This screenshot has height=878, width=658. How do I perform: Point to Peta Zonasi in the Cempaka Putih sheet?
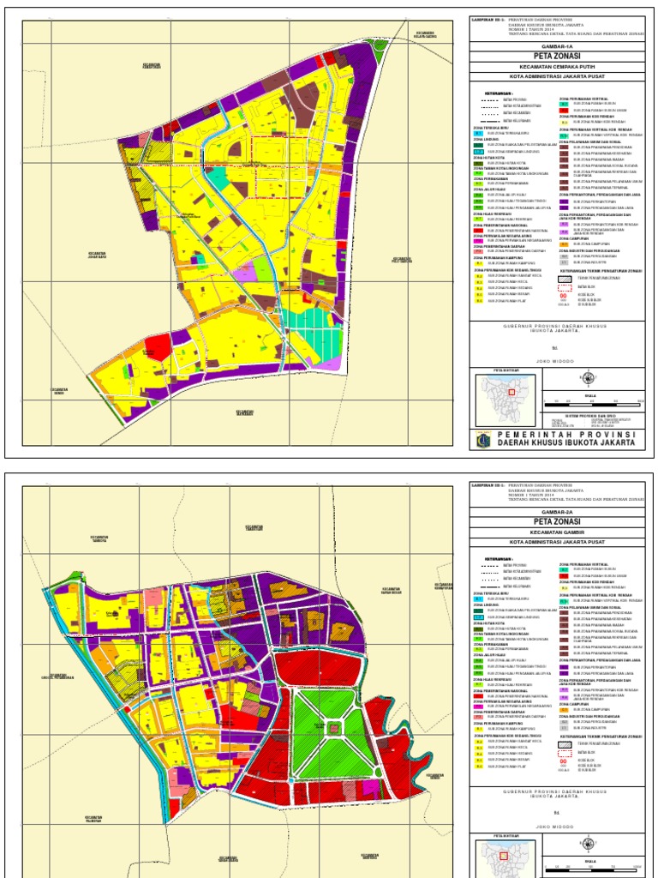tap(557, 57)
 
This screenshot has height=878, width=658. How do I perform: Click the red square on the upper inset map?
tap(512, 391)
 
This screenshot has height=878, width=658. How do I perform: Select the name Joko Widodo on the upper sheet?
tap(558, 361)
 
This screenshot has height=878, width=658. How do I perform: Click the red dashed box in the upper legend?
tap(564, 287)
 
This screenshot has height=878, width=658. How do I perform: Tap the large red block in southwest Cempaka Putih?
tap(155, 347)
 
